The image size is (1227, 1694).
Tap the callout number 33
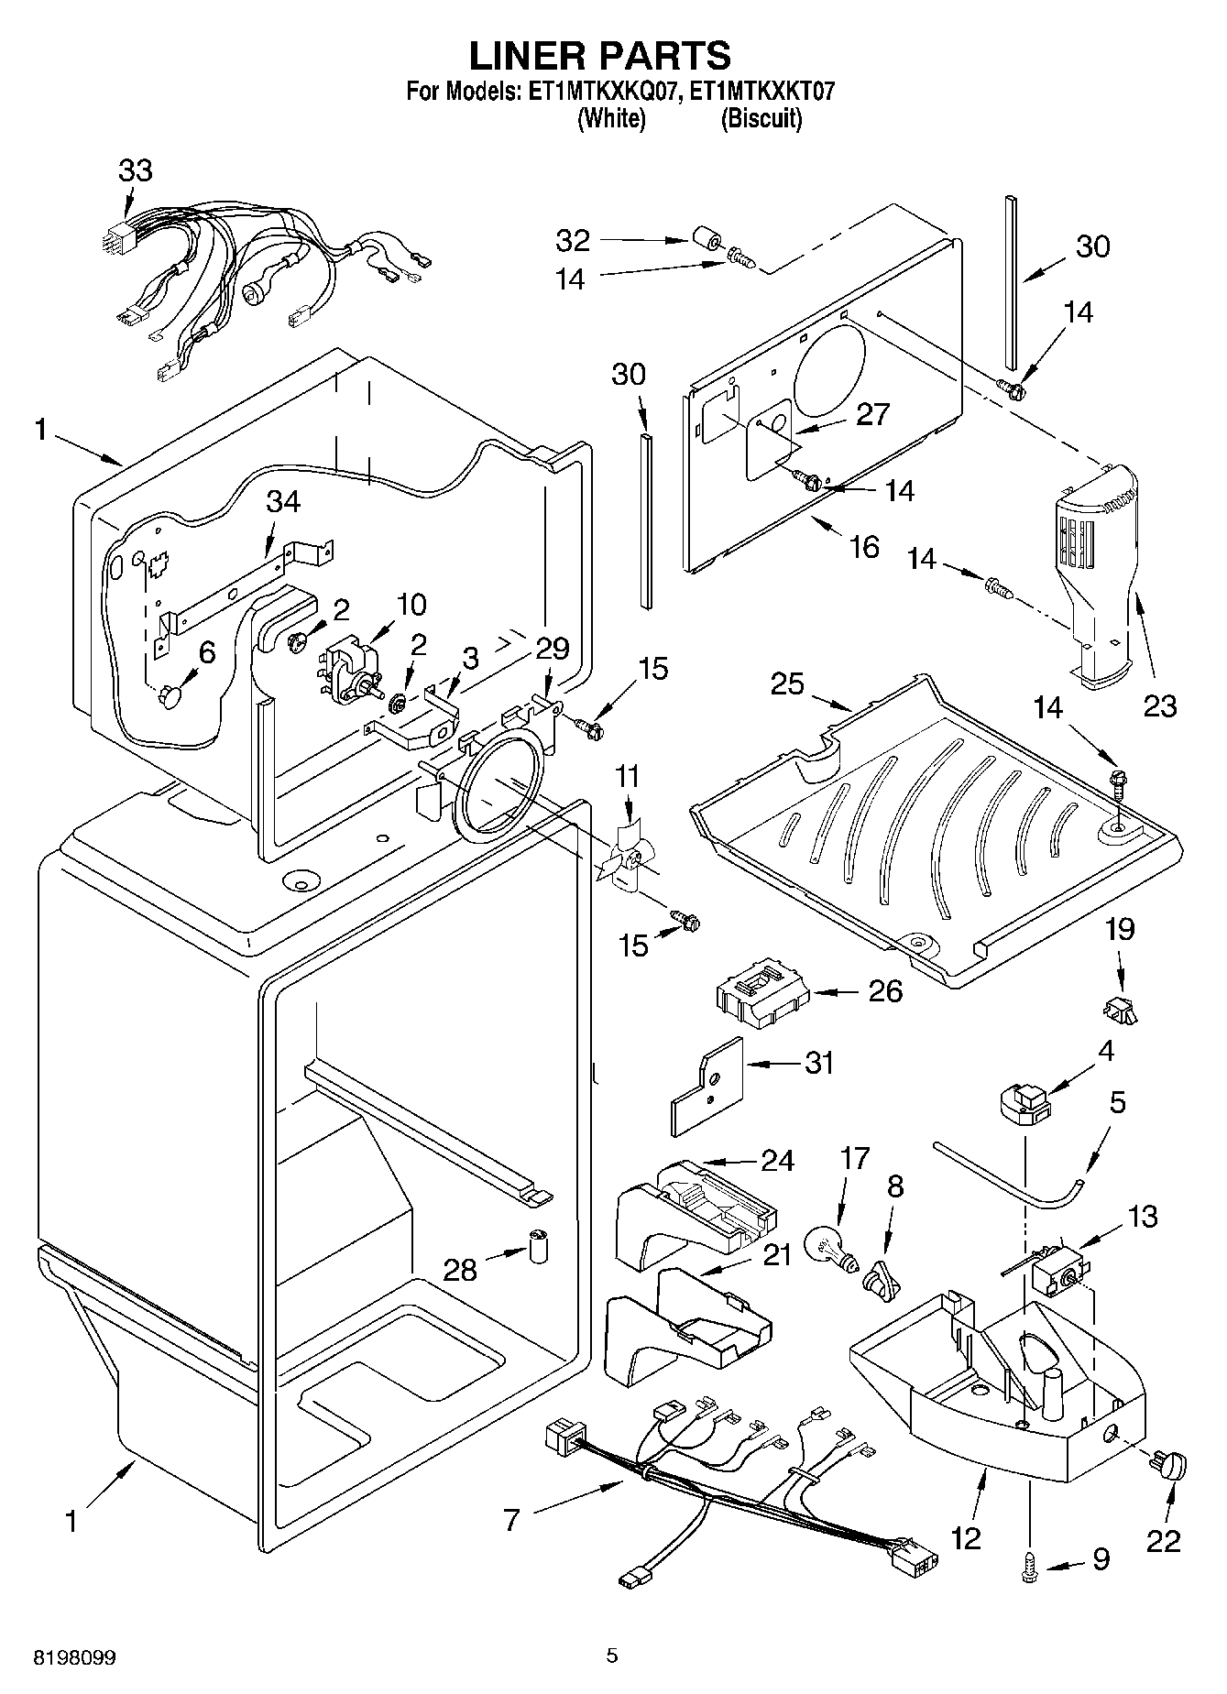pyautogui.click(x=136, y=170)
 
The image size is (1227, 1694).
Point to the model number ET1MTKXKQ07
pyautogui.click(x=599, y=91)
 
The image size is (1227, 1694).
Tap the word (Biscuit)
pyautogui.click(x=761, y=119)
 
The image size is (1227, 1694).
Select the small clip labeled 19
pyautogui.click(x=1120, y=1011)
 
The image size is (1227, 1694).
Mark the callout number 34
pyautogui.click(x=283, y=502)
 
